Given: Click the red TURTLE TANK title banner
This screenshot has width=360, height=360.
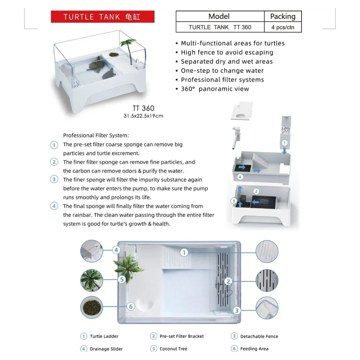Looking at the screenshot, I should pyautogui.click(x=102, y=17).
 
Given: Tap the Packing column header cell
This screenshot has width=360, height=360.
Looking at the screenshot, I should pyautogui.click(x=283, y=17).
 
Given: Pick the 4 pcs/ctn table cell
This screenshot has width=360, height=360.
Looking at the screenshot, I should pyautogui.click(x=283, y=27).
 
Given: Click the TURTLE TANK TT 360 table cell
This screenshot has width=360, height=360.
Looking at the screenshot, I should pyautogui.click(x=220, y=27).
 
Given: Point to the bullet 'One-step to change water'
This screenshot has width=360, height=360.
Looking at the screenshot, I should pyautogui.click(x=222, y=71).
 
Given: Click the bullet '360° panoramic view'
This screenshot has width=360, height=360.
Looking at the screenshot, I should pyautogui.click(x=215, y=89).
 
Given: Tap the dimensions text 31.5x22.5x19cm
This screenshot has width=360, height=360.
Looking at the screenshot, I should pyautogui.click(x=143, y=116).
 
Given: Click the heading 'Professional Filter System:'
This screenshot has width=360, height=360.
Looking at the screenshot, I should pyautogui.click(x=96, y=135).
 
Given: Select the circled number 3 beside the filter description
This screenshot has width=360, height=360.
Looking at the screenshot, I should pyautogui.click(x=54, y=180).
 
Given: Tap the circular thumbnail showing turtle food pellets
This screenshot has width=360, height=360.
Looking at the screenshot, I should pyautogui.click(x=91, y=307).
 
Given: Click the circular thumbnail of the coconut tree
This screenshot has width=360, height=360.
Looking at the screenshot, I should pyautogui.click(x=91, y=280).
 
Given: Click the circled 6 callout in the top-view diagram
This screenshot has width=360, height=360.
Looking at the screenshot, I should pyautogui.click(x=131, y=307).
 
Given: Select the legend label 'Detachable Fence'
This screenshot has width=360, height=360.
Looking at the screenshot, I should pyautogui.click(x=259, y=336).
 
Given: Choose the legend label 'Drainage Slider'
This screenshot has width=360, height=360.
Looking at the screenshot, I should pyautogui.click(x=107, y=349).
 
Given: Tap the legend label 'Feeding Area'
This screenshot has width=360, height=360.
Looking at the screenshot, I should pyautogui.click(x=254, y=349).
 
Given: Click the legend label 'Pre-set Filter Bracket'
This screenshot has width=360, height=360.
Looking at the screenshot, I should pyautogui.click(x=182, y=336).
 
